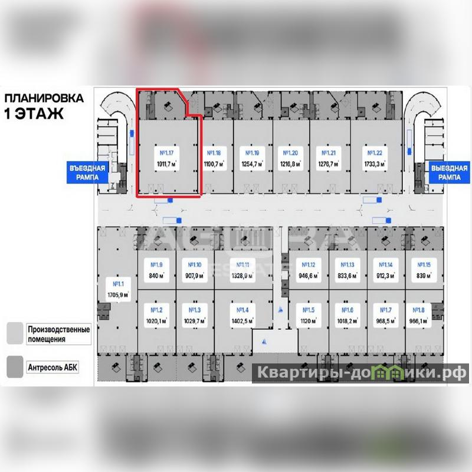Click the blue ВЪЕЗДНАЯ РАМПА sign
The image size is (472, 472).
tap(87, 172)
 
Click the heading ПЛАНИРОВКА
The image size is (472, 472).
tap(44, 98)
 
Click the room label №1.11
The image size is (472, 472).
tap(242, 265)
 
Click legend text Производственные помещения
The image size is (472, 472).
tap(58, 334)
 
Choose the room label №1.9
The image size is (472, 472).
tap(156, 265)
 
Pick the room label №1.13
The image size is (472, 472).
tap(344, 265)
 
